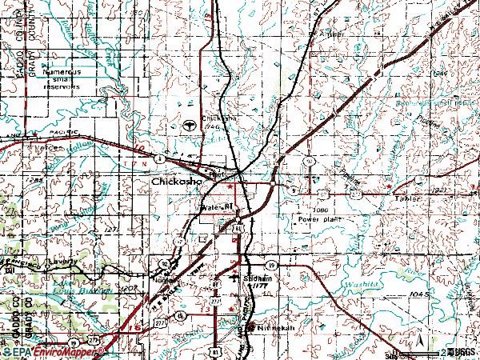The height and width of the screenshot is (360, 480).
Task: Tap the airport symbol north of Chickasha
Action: (190, 125)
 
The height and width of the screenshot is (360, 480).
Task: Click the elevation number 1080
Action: (322, 209)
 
